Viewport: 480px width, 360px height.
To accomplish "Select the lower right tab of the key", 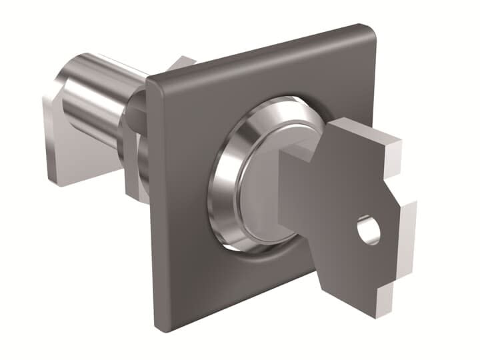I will pyautogui.click(x=399, y=227).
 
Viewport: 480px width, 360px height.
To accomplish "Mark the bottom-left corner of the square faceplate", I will pyautogui.click(x=161, y=325).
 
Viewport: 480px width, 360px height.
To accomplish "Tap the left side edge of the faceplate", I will pyautogui.click(x=153, y=200).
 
